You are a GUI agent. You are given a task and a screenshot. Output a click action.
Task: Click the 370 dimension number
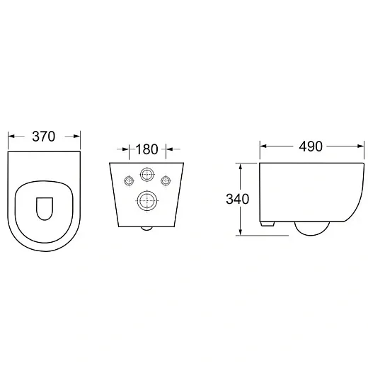coord(44,137)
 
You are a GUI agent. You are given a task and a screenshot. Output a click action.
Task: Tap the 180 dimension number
coord(146,149)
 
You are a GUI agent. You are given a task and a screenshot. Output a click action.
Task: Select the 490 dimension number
coord(311,146)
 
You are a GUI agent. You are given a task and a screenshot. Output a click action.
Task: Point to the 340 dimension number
coord(237,199)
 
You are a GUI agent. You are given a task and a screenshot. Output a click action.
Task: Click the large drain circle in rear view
coord(147,200)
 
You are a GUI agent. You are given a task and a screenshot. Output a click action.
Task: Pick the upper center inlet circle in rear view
coord(147,175)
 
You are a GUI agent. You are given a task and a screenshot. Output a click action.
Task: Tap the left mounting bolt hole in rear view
coord(129,181)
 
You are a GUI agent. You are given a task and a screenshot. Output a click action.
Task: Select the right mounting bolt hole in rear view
coord(166,181)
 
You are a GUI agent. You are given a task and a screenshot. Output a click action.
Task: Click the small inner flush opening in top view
coord(45,209)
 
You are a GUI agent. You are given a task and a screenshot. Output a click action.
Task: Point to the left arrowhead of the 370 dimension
coord(11,137)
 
